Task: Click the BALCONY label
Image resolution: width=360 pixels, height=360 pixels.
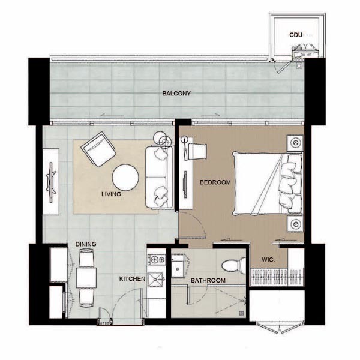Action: tap(176, 94)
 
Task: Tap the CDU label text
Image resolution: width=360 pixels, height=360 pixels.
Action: tap(295, 35)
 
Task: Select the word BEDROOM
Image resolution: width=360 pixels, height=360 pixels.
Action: tap(215, 182)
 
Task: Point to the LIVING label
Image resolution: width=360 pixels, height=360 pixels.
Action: tap(111, 194)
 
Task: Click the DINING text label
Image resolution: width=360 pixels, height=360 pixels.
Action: tap(86, 244)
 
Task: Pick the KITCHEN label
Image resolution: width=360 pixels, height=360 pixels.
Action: tap(132, 279)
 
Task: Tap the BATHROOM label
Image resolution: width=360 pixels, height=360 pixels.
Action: tap(208, 281)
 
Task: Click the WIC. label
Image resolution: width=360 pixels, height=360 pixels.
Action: tap(268, 260)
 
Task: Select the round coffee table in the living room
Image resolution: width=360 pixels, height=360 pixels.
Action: tap(125, 177)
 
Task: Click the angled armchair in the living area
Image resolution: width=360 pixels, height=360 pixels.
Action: tap(98, 149)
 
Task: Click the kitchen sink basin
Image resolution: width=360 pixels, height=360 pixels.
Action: tap(155, 280)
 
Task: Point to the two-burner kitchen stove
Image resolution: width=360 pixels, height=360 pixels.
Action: tap(157, 260)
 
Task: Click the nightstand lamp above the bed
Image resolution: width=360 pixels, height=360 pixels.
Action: tap(295, 143)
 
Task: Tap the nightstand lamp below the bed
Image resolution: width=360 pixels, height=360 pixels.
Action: tap(295, 223)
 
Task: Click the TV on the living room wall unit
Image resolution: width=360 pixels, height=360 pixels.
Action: tap(51, 182)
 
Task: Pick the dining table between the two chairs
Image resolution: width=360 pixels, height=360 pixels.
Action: tap(86, 278)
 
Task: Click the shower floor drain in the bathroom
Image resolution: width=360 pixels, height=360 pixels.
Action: tap(241, 313)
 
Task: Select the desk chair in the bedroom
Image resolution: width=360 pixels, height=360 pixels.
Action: tap(197, 151)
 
